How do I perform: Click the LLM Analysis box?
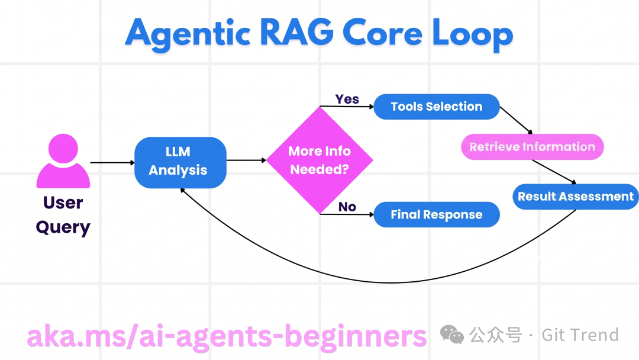(x=180, y=162)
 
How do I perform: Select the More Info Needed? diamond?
(x=319, y=160)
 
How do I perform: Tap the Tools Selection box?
(x=437, y=107)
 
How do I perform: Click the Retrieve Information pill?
(x=532, y=147)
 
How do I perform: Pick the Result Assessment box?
(x=575, y=197)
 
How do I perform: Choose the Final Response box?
(x=437, y=215)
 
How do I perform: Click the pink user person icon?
(x=63, y=161)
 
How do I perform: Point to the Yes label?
(x=347, y=99)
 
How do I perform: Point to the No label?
(x=347, y=207)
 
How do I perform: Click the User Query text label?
(x=63, y=215)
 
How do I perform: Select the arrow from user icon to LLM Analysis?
(x=112, y=162)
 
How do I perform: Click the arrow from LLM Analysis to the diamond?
(x=246, y=160)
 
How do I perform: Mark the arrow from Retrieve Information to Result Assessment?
(x=554, y=172)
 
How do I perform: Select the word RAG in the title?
(x=306, y=33)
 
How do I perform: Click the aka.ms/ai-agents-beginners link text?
(x=227, y=336)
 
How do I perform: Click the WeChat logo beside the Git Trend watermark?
(x=452, y=335)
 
